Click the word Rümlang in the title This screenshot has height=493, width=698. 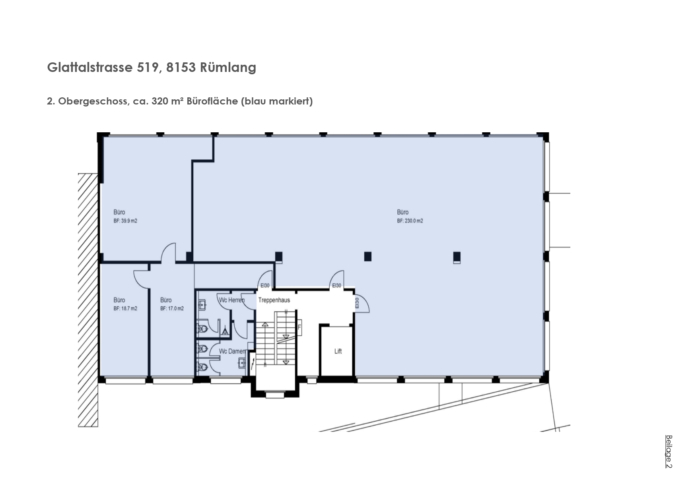click(x=228, y=68)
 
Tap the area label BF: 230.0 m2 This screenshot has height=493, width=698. click(x=410, y=221)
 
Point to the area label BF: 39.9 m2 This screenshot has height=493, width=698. click(x=125, y=221)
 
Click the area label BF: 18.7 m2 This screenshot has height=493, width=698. click(x=125, y=309)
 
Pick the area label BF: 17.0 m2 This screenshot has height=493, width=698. click(x=172, y=309)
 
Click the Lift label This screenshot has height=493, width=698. click(x=338, y=351)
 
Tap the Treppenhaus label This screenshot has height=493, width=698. click(x=274, y=300)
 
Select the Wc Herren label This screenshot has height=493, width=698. click(x=231, y=300)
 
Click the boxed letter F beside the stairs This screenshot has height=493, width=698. click(x=299, y=328)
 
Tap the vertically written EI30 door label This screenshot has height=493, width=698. click(x=357, y=303)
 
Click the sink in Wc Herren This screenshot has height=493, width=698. click(x=202, y=305)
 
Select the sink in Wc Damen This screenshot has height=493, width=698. click(x=242, y=363)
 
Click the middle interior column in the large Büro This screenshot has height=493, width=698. click(x=368, y=256)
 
